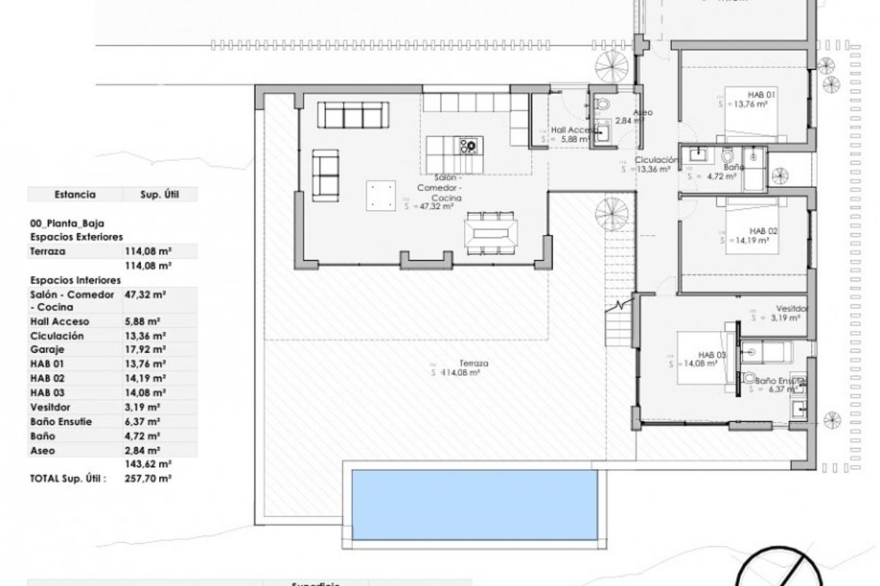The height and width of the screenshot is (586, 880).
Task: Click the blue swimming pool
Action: click(474, 503)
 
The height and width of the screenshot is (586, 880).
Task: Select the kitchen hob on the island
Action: click(467, 145)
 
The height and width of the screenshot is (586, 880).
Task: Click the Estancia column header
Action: click(75, 195)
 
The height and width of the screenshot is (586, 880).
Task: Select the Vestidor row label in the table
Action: click(50, 407)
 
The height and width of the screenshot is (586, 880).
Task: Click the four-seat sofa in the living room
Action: click(353, 115)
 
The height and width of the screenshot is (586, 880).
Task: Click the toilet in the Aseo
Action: click(602, 105)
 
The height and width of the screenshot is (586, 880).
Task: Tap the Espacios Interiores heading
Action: click(76, 280)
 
